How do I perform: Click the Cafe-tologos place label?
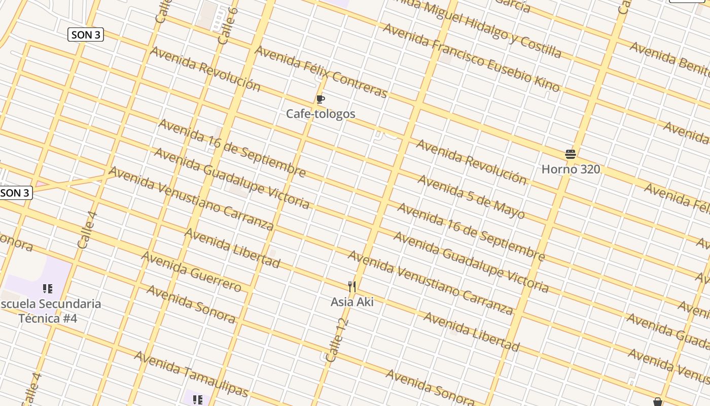pos(321,114)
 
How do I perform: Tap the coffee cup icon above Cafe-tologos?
pos(321,99)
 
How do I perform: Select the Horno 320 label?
pos(571,169)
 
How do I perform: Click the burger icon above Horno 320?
pos(571,154)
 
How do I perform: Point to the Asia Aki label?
pos(352,302)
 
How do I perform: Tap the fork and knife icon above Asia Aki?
pos(352,287)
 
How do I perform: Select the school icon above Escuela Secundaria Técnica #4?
pos(48,289)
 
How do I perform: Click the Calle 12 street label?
pos(337,341)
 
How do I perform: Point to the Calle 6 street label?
pos(227,25)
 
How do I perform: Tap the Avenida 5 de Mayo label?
pos(471,197)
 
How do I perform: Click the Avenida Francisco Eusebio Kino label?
pos(471,57)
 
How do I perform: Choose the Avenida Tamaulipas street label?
pos(191,374)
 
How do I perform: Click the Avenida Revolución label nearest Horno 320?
pos(471,161)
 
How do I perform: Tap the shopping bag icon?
pos(658,402)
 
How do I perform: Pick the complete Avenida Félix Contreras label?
pos(321,72)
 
